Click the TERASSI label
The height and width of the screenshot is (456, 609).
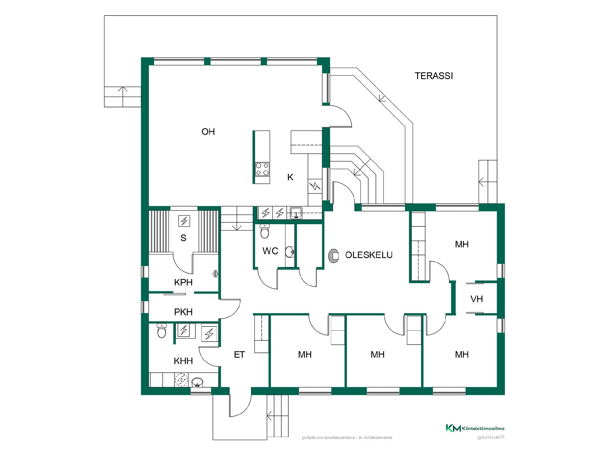tap(434, 76)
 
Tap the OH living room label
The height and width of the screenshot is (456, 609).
tap(208, 132)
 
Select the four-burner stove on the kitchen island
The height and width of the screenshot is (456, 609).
tap(262, 169)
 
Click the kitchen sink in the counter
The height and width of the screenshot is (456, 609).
tap(296, 212)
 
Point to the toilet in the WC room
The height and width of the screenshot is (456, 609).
tap(265, 231)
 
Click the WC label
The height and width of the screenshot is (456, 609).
tap(270, 251)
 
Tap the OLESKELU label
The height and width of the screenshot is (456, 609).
tap(369, 255)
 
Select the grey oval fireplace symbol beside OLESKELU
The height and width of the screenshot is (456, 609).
tap(334, 256)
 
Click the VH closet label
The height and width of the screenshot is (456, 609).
tap(476, 299)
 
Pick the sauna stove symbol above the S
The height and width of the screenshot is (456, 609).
tap(184, 221)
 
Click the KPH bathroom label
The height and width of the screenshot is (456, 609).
tap(183, 282)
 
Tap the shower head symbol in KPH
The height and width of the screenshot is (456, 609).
tap(215, 274)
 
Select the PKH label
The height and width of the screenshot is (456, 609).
tap(183, 312)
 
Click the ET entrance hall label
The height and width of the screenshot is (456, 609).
tap(239, 355)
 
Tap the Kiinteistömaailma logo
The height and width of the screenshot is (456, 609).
tap(475, 428)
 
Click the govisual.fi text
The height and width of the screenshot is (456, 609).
tap(491, 437)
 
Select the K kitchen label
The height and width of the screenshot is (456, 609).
tap(290, 177)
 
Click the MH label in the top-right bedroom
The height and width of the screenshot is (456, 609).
tap(462, 244)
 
